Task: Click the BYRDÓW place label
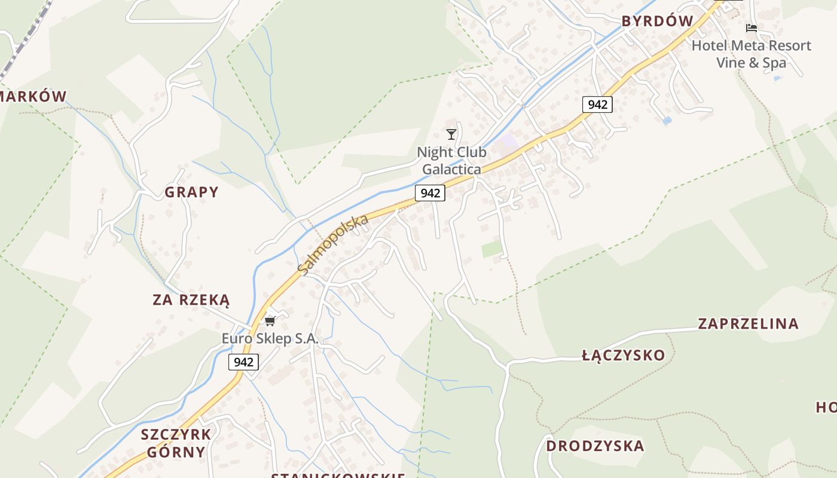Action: pyautogui.click(x=657, y=22)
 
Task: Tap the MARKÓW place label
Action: pyautogui.click(x=33, y=96)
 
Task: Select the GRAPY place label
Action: pyautogui.click(x=191, y=192)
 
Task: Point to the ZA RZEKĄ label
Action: pyautogui.click(x=191, y=300)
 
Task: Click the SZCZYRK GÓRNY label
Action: pyautogui.click(x=176, y=443)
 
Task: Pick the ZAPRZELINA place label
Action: pyautogui.click(x=748, y=324)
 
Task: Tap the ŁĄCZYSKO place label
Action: pyautogui.click(x=623, y=356)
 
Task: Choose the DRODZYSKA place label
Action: pyautogui.click(x=595, y=446)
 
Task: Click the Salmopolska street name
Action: pyautogui.click(x=333, y=245)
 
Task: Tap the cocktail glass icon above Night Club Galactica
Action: pyautogui.click(x=451, y=134)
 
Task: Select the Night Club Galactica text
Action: pyautogui.click(x=451, y=161)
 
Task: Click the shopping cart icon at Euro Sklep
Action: pyautogui.click(x=270, y=321)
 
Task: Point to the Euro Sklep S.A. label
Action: pyautogui.click(x=270, y=339)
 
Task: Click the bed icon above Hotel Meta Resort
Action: pyautogui.click(x=752, y=28)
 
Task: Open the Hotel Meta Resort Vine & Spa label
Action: pyautogui.click(x=752, y=54)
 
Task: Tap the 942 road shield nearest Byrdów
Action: pyautogui.click(x=597, y=105)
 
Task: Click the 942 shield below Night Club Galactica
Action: pyautogui.click(x=430, y=192)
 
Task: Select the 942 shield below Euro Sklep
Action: pyautogui.click(x=243, y=361)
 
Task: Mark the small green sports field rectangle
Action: pyautogui.click(x=492, y=249)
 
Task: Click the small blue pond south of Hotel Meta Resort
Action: pyautogui.click(x=667, y=121)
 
